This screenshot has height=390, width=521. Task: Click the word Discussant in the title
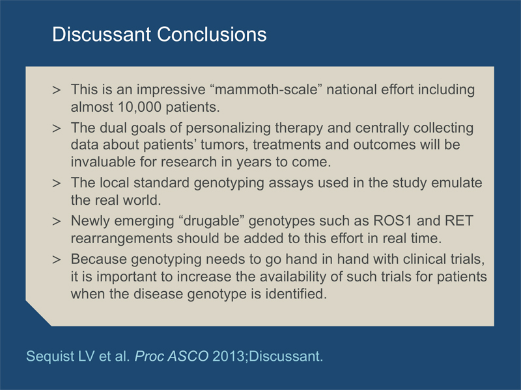pyautogui.click(x=102, y=34)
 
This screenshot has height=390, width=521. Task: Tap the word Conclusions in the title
pyautogui.click(x=212, y=34)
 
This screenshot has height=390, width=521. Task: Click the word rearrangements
pyautogui.click(x=122, y=239)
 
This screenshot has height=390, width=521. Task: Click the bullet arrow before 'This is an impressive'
pyautogui.click(x=57, y=90)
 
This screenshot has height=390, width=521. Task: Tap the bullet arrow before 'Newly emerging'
pyautogui.click(x=57, y=222)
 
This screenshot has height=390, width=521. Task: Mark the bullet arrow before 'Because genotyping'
pyautogui.click(x=57, y=259)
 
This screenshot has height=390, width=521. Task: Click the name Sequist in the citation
pyautogui.click(x=50, y=356)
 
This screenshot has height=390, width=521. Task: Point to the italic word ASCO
pyautogui.click(x=188, y=356)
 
